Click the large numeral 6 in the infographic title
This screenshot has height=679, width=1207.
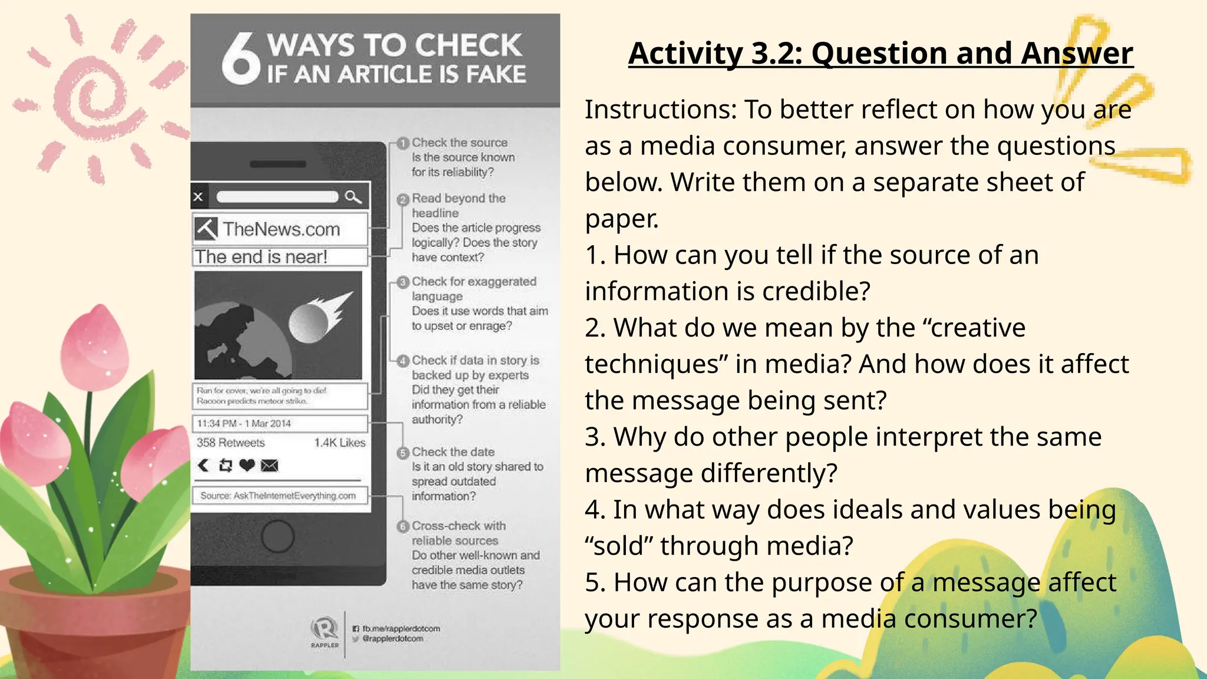[240, 59]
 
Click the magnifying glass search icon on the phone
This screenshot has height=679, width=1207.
[353, 197]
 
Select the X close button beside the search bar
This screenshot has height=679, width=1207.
[199, 197]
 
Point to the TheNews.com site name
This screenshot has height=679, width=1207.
[281, 229]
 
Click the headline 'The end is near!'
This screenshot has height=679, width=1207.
[261, 257]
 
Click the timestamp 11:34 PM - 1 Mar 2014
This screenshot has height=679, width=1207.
[244, 424]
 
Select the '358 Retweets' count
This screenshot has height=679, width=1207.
[230, 443]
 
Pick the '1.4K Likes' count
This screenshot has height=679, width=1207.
[339, 443]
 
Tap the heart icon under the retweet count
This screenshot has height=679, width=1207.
[247, 466]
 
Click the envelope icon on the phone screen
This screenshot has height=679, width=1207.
[269, 466]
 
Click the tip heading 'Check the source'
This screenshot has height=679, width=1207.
[460, 143]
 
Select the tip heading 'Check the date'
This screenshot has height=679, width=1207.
[453, 452]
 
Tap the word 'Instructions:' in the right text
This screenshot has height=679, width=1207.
[661, 110]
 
